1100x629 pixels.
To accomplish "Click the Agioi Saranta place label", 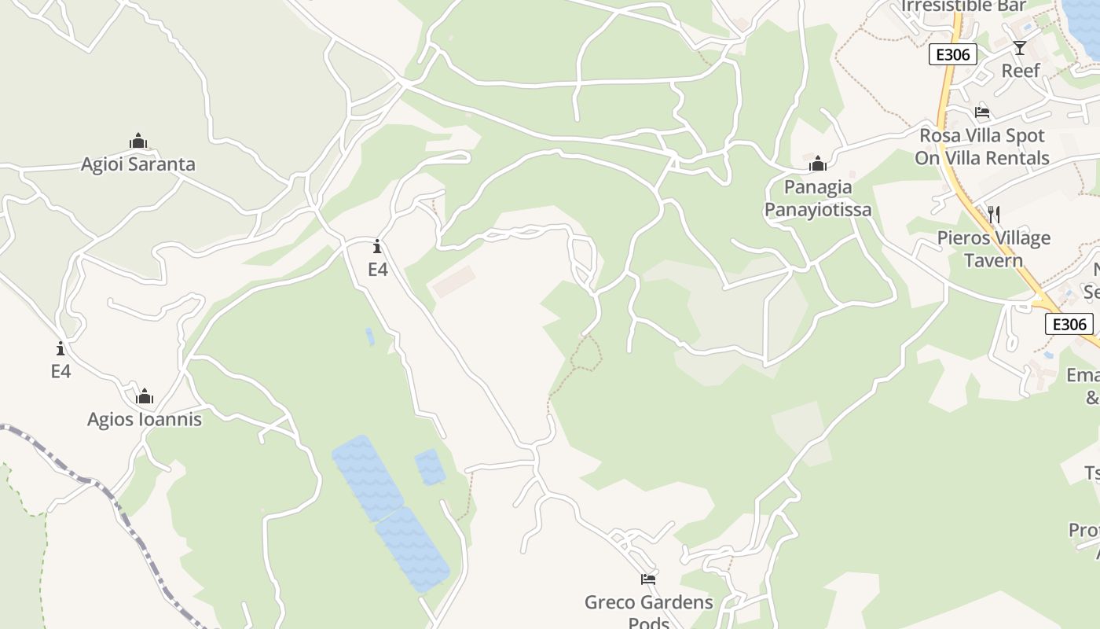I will click(138, 164).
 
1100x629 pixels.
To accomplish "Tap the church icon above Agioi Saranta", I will click(138, 142).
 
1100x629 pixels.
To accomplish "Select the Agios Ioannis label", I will click(145, 419).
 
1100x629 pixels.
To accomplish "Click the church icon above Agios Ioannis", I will click(145, 396).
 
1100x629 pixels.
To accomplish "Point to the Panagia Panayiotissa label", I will click(818, 198).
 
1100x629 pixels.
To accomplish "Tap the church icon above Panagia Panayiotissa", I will click(818, 164).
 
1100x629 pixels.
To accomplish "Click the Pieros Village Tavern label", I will click(993, 248).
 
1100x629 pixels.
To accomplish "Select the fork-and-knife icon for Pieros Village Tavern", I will click(993, 215).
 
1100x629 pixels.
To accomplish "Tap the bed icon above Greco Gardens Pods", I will click(648, 579).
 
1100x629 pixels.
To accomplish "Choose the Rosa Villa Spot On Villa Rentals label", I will click(982, 146).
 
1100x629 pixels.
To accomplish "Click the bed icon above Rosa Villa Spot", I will click(982, 112).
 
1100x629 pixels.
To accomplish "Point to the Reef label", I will click(1021, 70).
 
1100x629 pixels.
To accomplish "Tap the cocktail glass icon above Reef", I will click(1020, 48).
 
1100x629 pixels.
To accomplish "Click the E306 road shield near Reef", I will click(953, 54).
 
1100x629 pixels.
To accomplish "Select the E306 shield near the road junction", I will click(1069, 324).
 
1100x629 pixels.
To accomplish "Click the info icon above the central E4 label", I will click(378, 246).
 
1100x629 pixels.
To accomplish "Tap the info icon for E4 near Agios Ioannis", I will click(60, 348).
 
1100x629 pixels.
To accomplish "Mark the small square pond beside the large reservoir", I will click(430, 466).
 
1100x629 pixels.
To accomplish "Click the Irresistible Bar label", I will click(963, 6).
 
